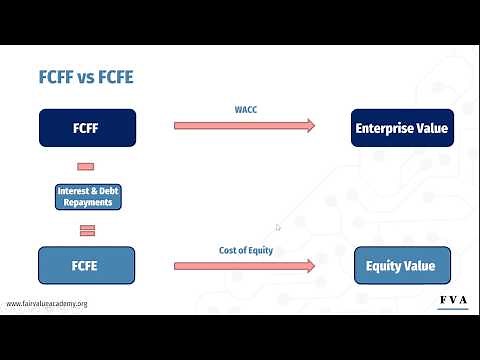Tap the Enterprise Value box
402,128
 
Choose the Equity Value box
402,266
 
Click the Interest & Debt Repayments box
86,196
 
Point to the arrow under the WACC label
244,125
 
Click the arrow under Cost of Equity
244,266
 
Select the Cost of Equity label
244,252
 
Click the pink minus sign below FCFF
86,166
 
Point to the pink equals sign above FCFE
86,230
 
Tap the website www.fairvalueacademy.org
47,303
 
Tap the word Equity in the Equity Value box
385,266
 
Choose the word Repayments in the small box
86,202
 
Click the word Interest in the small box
72,190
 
